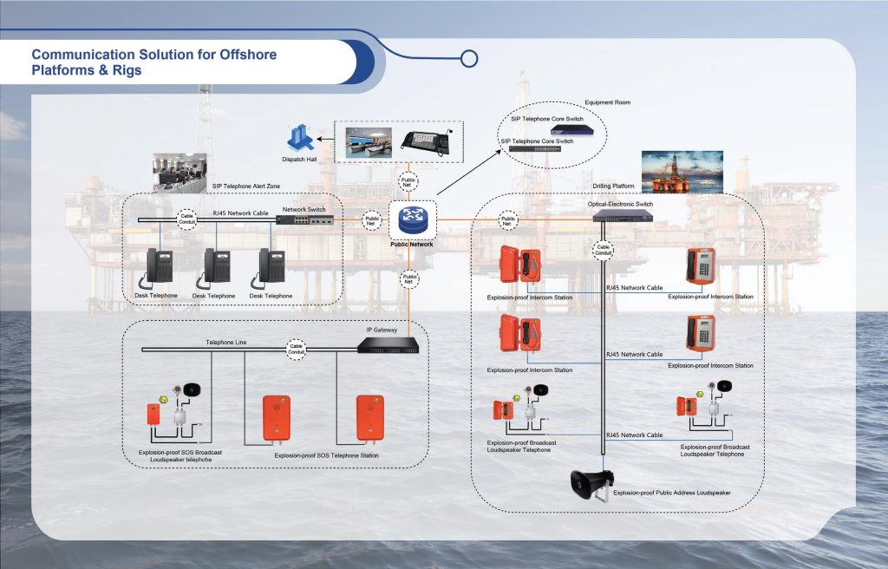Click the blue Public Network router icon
pyautogui.click(x=412, y=220)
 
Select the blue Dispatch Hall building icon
pyautogui.click(x=299, y=137)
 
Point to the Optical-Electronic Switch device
pyautogui.click(x=623, y=216)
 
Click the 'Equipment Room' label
pyautogui.click(x=608, y=102)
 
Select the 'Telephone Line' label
pyautogui.click(x=225, y=343)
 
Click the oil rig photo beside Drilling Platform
pyautogui.click(x=682, y=171)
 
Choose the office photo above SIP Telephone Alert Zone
pyautogui.click(x=181, y=172)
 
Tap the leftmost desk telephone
pyautogui.click(x=160, y=268)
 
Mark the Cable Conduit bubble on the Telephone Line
pyautogui.click(x=297, y=347)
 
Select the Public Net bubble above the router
pyautogui.click(x=408, y=184)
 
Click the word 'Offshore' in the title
pyautogui.click(x=241, y=55)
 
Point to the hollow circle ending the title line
pyautogui.click(x=469, y=59)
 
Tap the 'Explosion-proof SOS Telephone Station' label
pyautogui.click(x=326, y=455)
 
